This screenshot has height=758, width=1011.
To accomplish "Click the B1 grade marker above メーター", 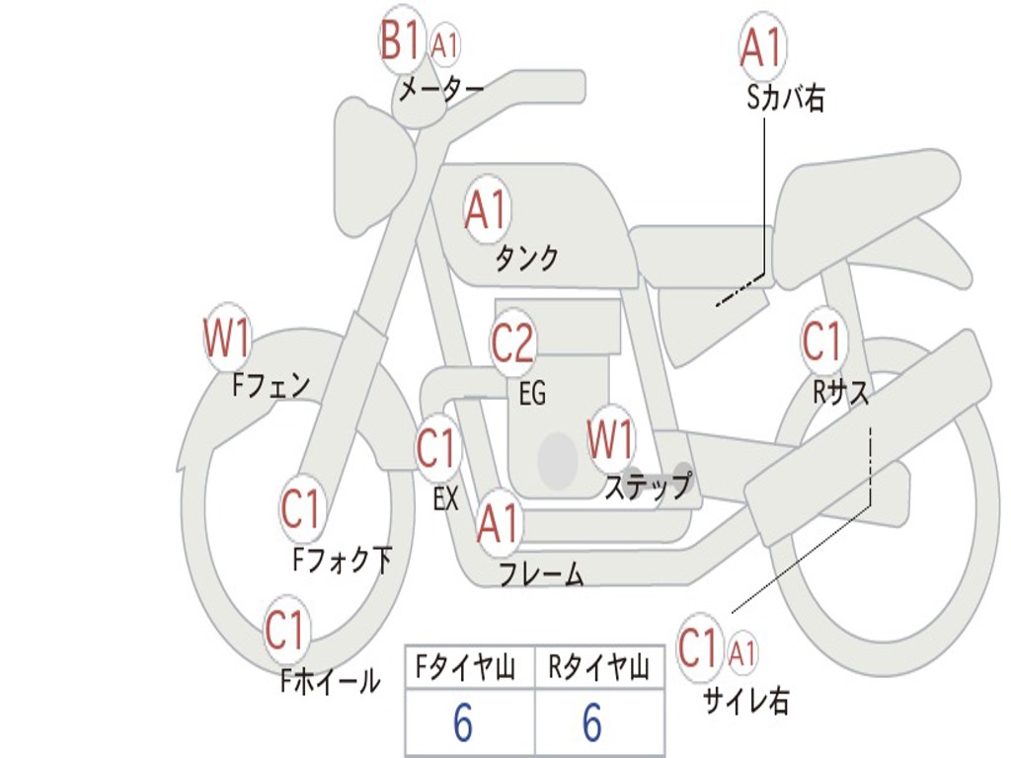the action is click(401, 39).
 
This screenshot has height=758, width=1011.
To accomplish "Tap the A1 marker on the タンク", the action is click(488, 209).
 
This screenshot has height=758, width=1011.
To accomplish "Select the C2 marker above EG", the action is click(513, 342).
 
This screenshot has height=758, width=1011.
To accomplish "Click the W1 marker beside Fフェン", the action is click(227, 338).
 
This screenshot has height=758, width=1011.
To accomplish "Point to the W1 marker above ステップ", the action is click(610, 439).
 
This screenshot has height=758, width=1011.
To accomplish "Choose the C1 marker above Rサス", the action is click(823, 341).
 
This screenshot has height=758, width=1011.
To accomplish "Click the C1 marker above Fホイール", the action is click(285, 629).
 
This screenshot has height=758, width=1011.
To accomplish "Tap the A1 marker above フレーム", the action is click(499, 523).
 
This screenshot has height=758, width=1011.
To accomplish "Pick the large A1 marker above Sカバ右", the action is click(763, 47).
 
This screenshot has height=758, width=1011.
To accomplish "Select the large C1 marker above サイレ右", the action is click(699, 647).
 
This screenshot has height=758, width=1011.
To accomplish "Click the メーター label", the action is click(440, 89).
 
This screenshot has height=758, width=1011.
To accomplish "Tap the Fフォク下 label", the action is click(343, 560).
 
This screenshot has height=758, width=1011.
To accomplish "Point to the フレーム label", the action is click(542, 574).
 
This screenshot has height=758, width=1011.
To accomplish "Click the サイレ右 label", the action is click(746, 701).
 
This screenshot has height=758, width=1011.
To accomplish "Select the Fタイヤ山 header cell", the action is click(470, 667).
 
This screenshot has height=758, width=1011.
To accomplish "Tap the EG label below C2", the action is click(532, 393).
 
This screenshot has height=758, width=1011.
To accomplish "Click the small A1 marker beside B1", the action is click(444, 45).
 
